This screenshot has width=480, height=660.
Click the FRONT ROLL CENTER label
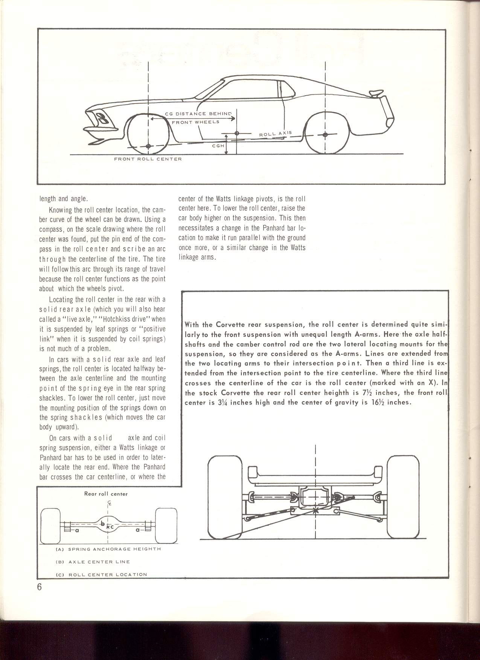coord(148,159)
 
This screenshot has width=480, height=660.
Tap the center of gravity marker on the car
coord(236,133)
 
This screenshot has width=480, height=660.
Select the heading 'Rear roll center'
coord(106,494)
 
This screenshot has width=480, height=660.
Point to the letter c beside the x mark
coord(112,526)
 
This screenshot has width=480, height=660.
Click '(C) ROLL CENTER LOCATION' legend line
coord(101,574)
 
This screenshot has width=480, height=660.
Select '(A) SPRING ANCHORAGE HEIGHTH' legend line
coord(108,549)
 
